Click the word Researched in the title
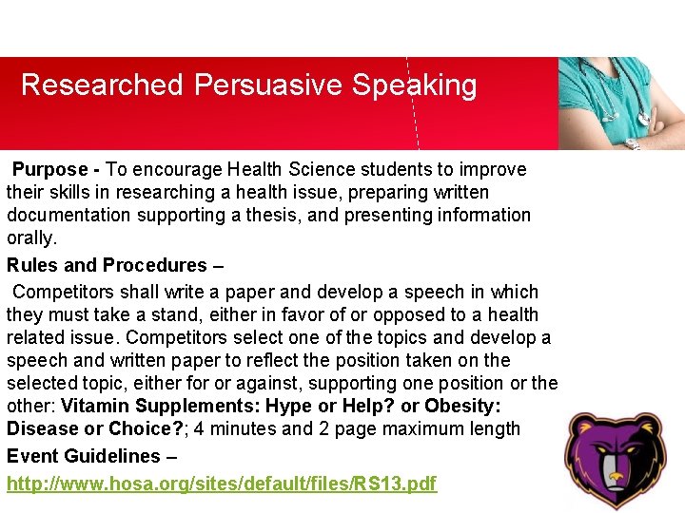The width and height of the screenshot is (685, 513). click(x=101, y=85)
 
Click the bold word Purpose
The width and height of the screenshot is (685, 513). click(x=50, y=170)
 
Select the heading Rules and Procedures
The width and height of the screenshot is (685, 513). click(x=107, y=265)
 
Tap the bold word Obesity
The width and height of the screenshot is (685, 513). click(x=463, y=407)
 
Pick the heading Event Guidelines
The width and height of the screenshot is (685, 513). click(x=84, y=457)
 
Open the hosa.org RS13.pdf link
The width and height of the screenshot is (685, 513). click(x=222, y=484)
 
